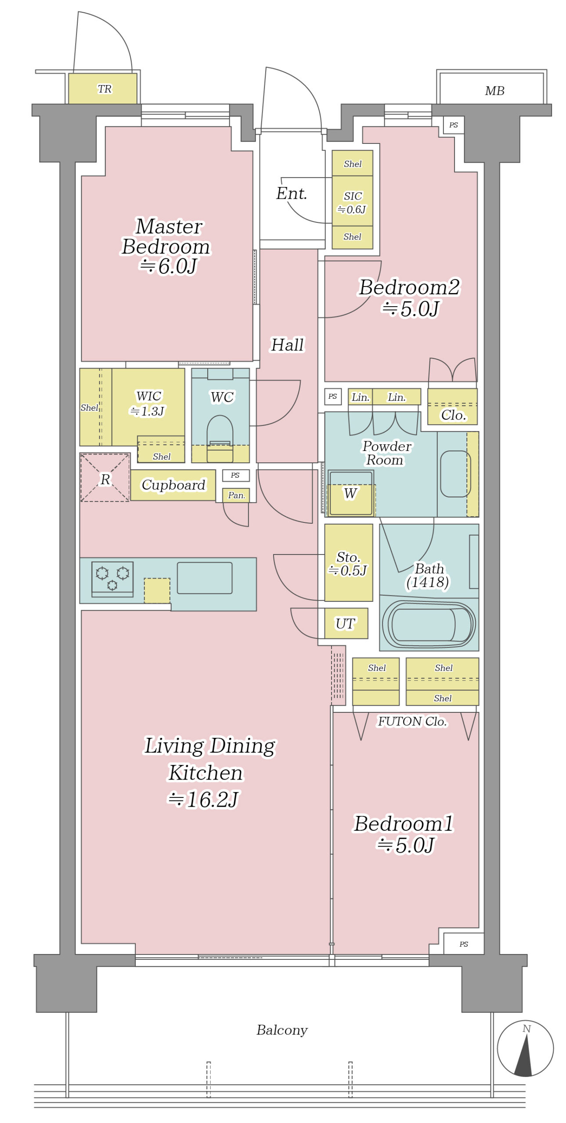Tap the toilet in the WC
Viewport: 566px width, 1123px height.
220,438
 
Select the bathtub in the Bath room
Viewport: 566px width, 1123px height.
429,624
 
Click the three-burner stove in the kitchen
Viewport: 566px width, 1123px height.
112,579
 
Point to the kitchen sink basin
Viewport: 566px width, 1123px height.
204,578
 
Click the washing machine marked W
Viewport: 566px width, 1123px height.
350,493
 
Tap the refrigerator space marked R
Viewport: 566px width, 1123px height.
105,477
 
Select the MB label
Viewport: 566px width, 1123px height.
494,91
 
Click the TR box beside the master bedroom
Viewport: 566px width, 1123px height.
103,89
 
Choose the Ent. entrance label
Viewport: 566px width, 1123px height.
291,193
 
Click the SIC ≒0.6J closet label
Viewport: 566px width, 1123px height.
352,202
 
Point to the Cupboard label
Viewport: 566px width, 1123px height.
173,485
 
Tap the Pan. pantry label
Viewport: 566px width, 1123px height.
236,495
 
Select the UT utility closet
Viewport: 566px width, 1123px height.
346,623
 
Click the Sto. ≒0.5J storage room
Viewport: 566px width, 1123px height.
348,562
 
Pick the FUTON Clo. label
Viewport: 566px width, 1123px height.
412,721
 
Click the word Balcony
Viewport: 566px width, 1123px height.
282,1030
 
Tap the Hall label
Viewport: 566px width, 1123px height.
287,345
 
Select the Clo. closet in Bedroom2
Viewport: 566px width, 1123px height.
452,406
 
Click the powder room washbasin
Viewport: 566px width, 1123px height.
455,474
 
